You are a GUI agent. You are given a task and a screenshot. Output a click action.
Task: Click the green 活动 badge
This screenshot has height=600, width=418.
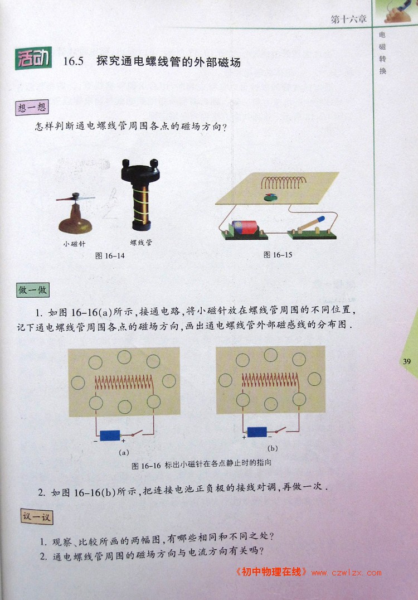[33, 59]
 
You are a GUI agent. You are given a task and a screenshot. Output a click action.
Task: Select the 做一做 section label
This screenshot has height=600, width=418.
[33, 290]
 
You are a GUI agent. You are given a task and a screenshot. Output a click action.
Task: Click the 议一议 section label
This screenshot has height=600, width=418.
[36, 516]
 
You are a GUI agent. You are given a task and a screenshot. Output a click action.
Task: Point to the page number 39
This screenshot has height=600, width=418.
[406, 361]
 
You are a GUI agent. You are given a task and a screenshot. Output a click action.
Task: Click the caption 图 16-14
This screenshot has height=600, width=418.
[110, 255]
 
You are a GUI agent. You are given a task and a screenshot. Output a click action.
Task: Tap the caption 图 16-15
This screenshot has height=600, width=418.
[278, 255]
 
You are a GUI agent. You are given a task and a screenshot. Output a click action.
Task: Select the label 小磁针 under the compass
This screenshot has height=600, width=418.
[75, 244]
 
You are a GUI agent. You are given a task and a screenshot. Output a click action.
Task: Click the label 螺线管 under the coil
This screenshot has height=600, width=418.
[141, 242]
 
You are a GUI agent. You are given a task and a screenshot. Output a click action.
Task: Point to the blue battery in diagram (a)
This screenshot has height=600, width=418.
[110, 436]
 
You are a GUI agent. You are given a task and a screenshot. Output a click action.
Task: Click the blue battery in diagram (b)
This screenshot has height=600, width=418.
[257, 432]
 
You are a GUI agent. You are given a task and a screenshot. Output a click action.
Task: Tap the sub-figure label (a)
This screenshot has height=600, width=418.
[124, 452]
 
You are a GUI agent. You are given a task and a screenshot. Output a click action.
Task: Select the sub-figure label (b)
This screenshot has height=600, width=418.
[273, 448]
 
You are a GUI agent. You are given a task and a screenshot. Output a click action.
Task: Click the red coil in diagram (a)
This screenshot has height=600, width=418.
[124, 382]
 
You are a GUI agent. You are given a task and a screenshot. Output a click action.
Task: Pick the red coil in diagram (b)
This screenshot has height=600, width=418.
[270, 380]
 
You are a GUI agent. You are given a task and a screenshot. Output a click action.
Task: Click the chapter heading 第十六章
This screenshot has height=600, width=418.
[349, 19]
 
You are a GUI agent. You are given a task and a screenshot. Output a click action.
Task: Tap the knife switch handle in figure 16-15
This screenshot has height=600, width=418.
[311, 224]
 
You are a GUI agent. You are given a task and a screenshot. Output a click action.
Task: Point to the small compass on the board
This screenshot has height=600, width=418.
[271, 197]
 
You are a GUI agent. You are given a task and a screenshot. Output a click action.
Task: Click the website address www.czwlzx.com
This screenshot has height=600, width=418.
[347, 573]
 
